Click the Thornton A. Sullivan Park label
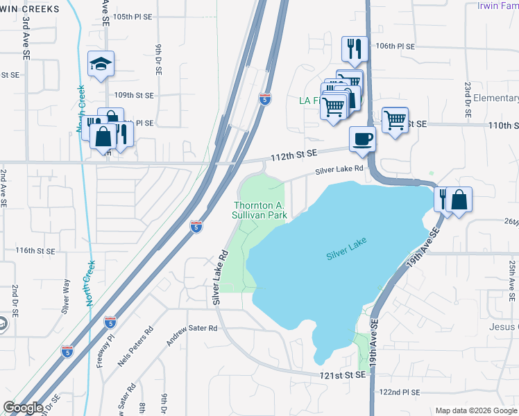260,210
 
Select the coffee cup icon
362,139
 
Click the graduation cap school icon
101,64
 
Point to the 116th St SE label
35,250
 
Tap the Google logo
24,408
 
